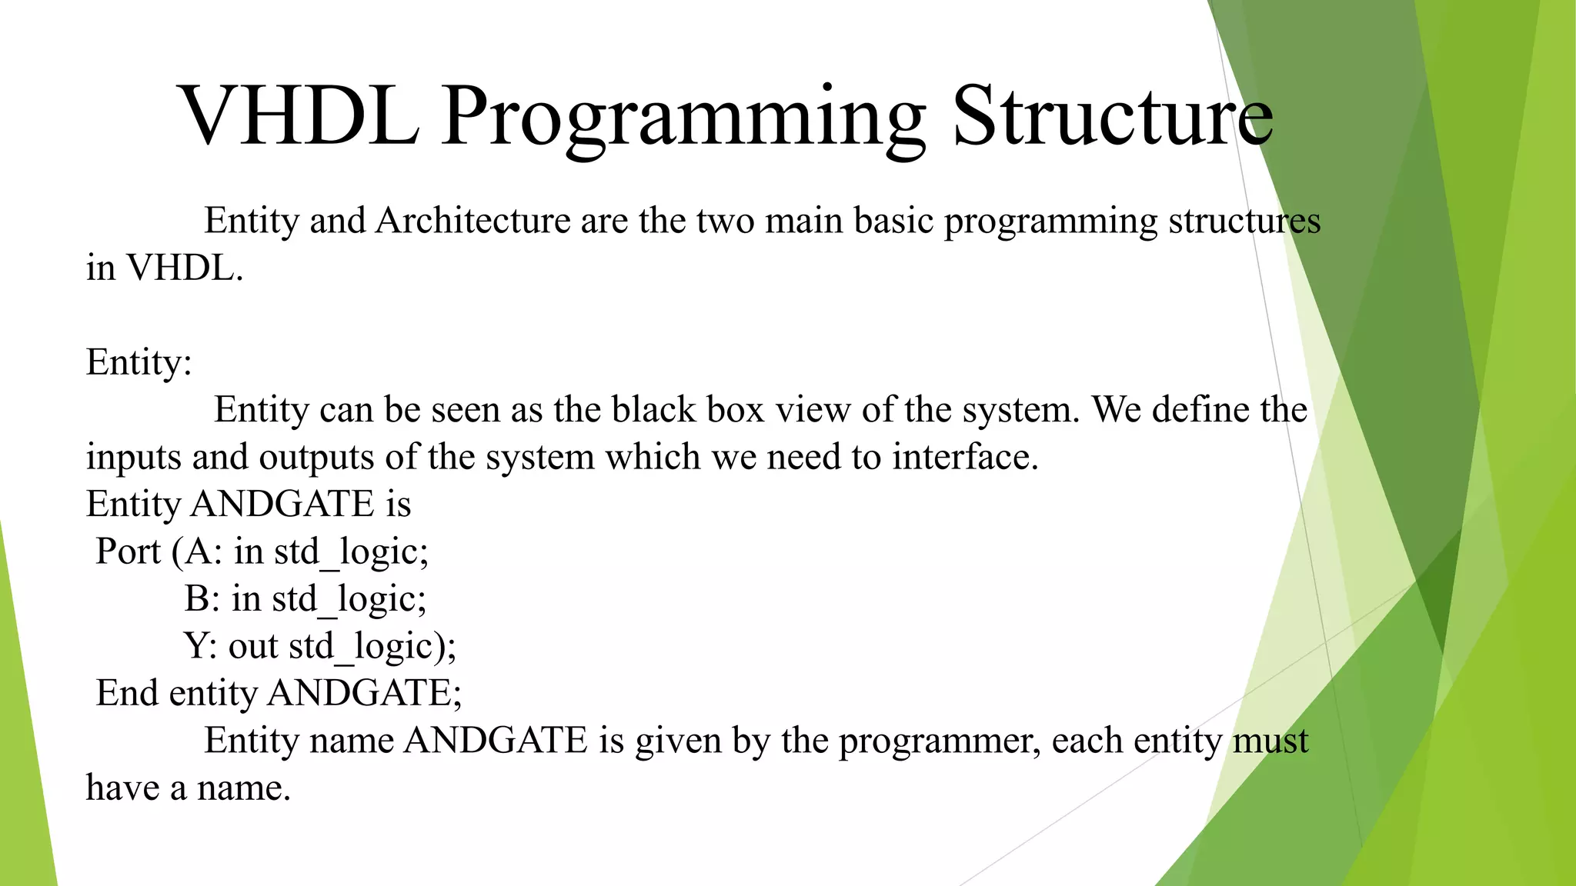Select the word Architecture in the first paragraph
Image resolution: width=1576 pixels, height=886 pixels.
(x=472, y=221)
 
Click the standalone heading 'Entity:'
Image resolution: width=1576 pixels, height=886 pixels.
(x=139, y=362)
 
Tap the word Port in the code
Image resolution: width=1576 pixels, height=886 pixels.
(x=128, y=551)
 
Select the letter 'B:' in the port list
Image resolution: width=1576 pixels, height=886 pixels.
(x=202, y=598)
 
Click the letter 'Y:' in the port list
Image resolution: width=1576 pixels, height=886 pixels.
(x=200, y=646)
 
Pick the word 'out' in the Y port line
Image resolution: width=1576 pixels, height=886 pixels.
(x=252, y=646)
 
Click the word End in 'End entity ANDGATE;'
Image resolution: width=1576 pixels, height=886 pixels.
(x=126, y=693)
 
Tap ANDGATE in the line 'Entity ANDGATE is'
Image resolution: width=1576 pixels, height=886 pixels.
(x=282, y=505)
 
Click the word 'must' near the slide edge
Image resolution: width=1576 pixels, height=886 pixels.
(x=1270, y=741)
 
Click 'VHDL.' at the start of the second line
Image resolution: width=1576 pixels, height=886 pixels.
(x=185, y=268)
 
